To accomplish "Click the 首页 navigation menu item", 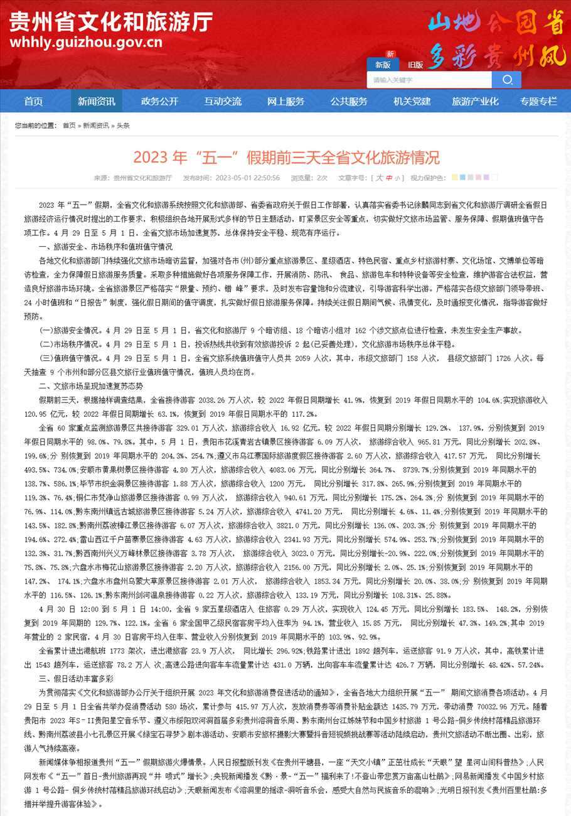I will point(33,102).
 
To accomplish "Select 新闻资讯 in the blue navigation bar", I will point(96,102).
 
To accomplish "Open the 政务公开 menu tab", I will point(159,102).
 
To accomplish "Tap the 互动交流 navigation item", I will point(222,102).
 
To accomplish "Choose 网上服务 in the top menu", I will point(285,102).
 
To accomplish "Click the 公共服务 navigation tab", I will point(349,102).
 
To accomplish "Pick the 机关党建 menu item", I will point(412,102).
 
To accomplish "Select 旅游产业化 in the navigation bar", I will point(475,102).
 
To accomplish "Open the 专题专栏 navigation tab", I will point(538,102).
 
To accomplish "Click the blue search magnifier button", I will point(506,80).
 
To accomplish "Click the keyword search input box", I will point(429,80).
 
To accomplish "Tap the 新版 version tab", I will point(383,65).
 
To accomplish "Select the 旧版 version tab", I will point(415,65).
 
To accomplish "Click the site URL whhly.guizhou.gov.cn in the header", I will point(86,43).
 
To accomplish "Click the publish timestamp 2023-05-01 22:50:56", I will point(247,178).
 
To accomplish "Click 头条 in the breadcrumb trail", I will point(123,126).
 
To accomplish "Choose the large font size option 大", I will point(379,178).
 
